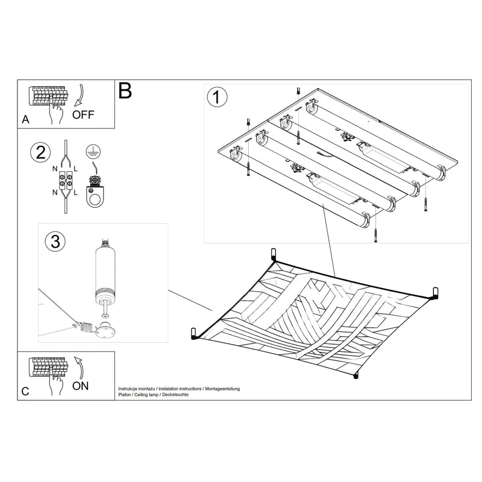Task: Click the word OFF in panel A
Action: click(x=83, y=115)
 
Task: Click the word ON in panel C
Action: click(x=80, y=386)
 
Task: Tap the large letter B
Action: click(x=125, y=91)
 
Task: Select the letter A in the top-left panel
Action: click(x=25, y=120)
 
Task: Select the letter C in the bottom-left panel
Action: click(x=25, y=391)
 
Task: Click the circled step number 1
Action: click(x=217, y=97)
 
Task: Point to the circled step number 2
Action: click(x=39, y=152)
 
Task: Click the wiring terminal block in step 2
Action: click(x=65, y=181)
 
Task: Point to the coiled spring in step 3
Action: click(x=86, y=329)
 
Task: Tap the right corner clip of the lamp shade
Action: click(x=434, y=293)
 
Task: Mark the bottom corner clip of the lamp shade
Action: click(x=355, y=375)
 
